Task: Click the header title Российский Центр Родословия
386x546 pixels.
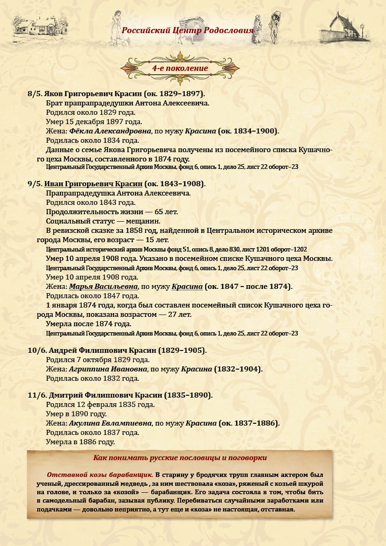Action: pyautogui.click(x=187, y=31)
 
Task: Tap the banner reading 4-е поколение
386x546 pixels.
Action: pyautogui.click(x=180, y=68)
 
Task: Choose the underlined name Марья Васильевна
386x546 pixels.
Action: pyautogui.click(x=104, y=286)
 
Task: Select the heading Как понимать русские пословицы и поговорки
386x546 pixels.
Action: pyautogui.click(x=180, y=458)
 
